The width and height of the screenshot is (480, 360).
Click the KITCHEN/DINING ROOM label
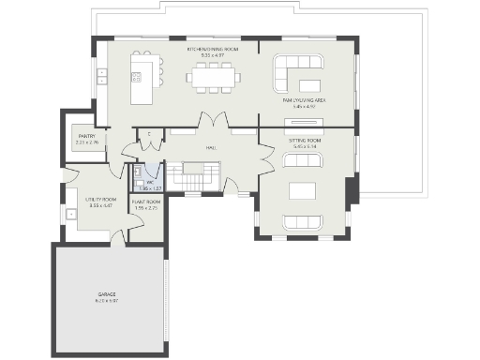[213, 49]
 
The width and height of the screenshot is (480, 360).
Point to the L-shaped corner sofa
[298, 69]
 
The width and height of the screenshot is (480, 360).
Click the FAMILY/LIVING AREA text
[305, 99]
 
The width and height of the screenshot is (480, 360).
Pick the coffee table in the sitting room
[305, 191]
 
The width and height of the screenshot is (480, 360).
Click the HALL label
[212, 147]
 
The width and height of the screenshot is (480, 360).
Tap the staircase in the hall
[201, 175]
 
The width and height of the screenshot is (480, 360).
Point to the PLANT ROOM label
[145, 202]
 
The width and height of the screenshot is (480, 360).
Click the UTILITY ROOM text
[100, 200]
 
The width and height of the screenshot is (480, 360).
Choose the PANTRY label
[85, 137]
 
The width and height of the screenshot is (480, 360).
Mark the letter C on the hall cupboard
[150, 134]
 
